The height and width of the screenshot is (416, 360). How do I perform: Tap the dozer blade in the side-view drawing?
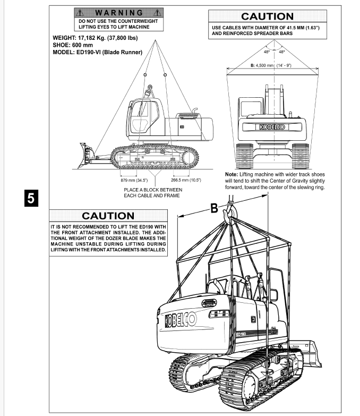click(85, 150)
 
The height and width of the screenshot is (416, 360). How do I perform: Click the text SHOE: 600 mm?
click(76, 46)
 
